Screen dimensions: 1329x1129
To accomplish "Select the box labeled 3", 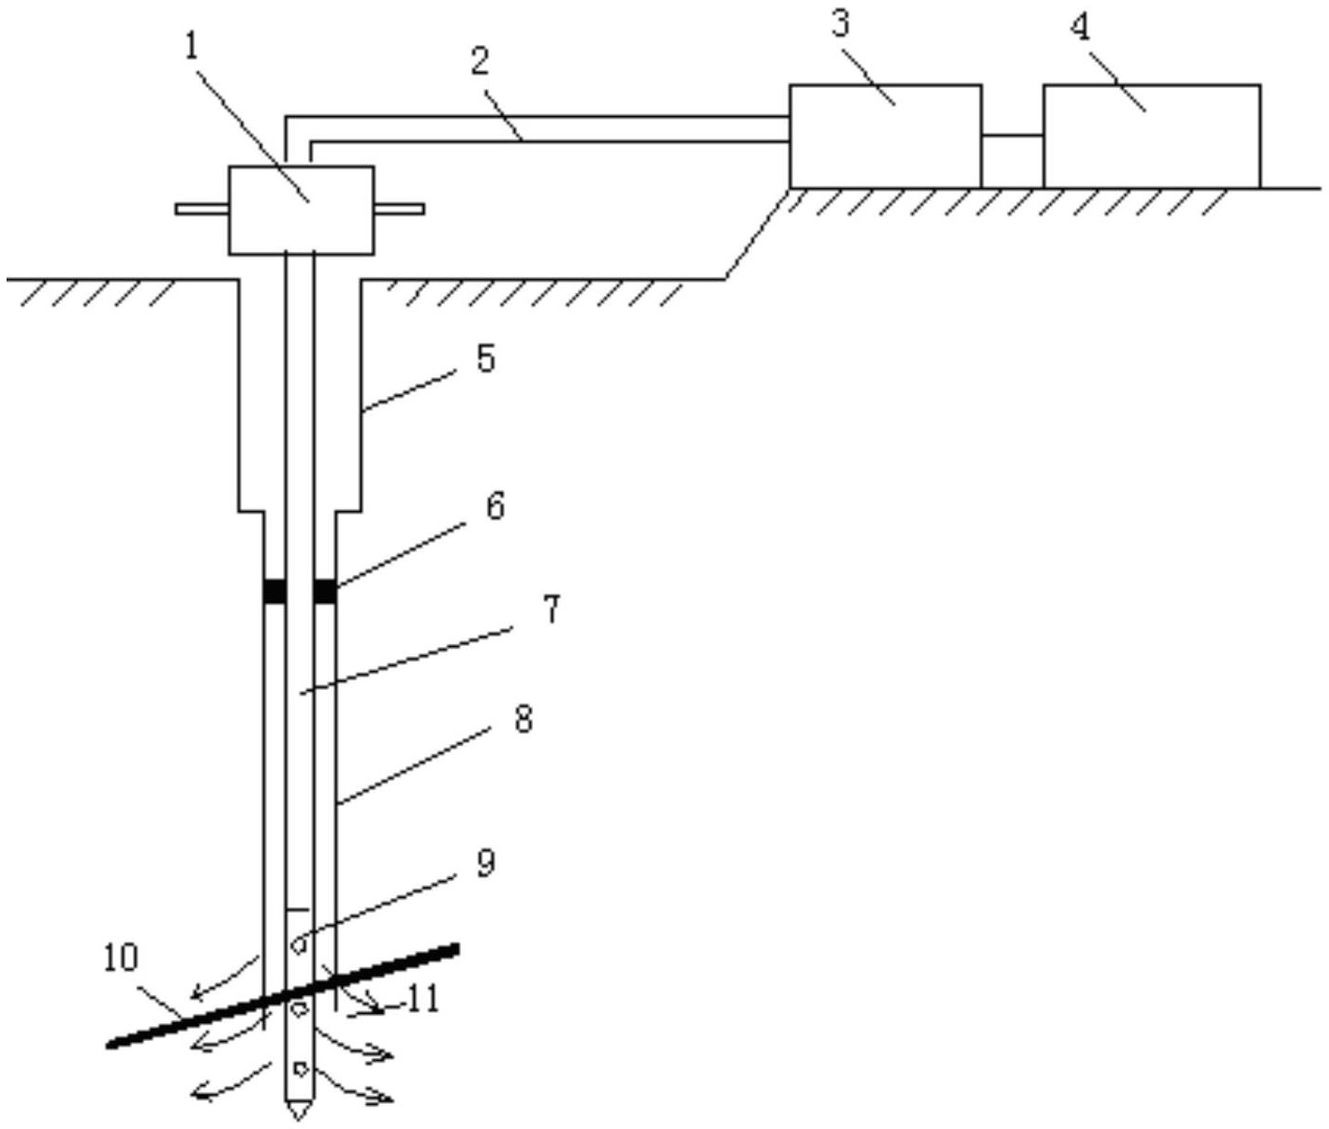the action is pos(885,136).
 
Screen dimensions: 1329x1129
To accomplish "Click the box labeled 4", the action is pos(1152,136).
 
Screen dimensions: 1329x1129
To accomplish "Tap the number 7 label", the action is pos(551,608).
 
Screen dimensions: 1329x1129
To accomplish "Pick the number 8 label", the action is pos(524,719).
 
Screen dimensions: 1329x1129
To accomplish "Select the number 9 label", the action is pos(485,863).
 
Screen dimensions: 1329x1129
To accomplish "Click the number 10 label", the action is pos(121,958).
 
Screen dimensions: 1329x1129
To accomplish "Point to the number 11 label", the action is pos(422,999).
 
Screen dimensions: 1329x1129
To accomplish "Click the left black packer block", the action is pos(274,591).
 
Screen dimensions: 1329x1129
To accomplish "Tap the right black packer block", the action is pos(325,591).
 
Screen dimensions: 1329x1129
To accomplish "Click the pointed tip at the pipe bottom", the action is pos(299,1118).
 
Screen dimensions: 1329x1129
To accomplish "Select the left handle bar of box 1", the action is pos(202,210).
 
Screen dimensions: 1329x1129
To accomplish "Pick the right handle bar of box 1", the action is pos(399,210).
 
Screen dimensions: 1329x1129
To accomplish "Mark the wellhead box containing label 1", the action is pos(302,210).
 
